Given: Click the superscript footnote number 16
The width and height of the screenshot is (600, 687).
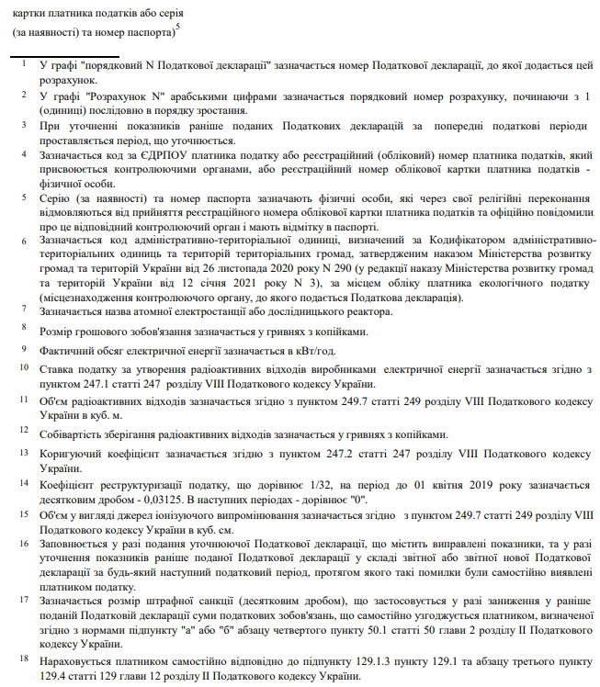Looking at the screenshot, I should click(25, 543).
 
